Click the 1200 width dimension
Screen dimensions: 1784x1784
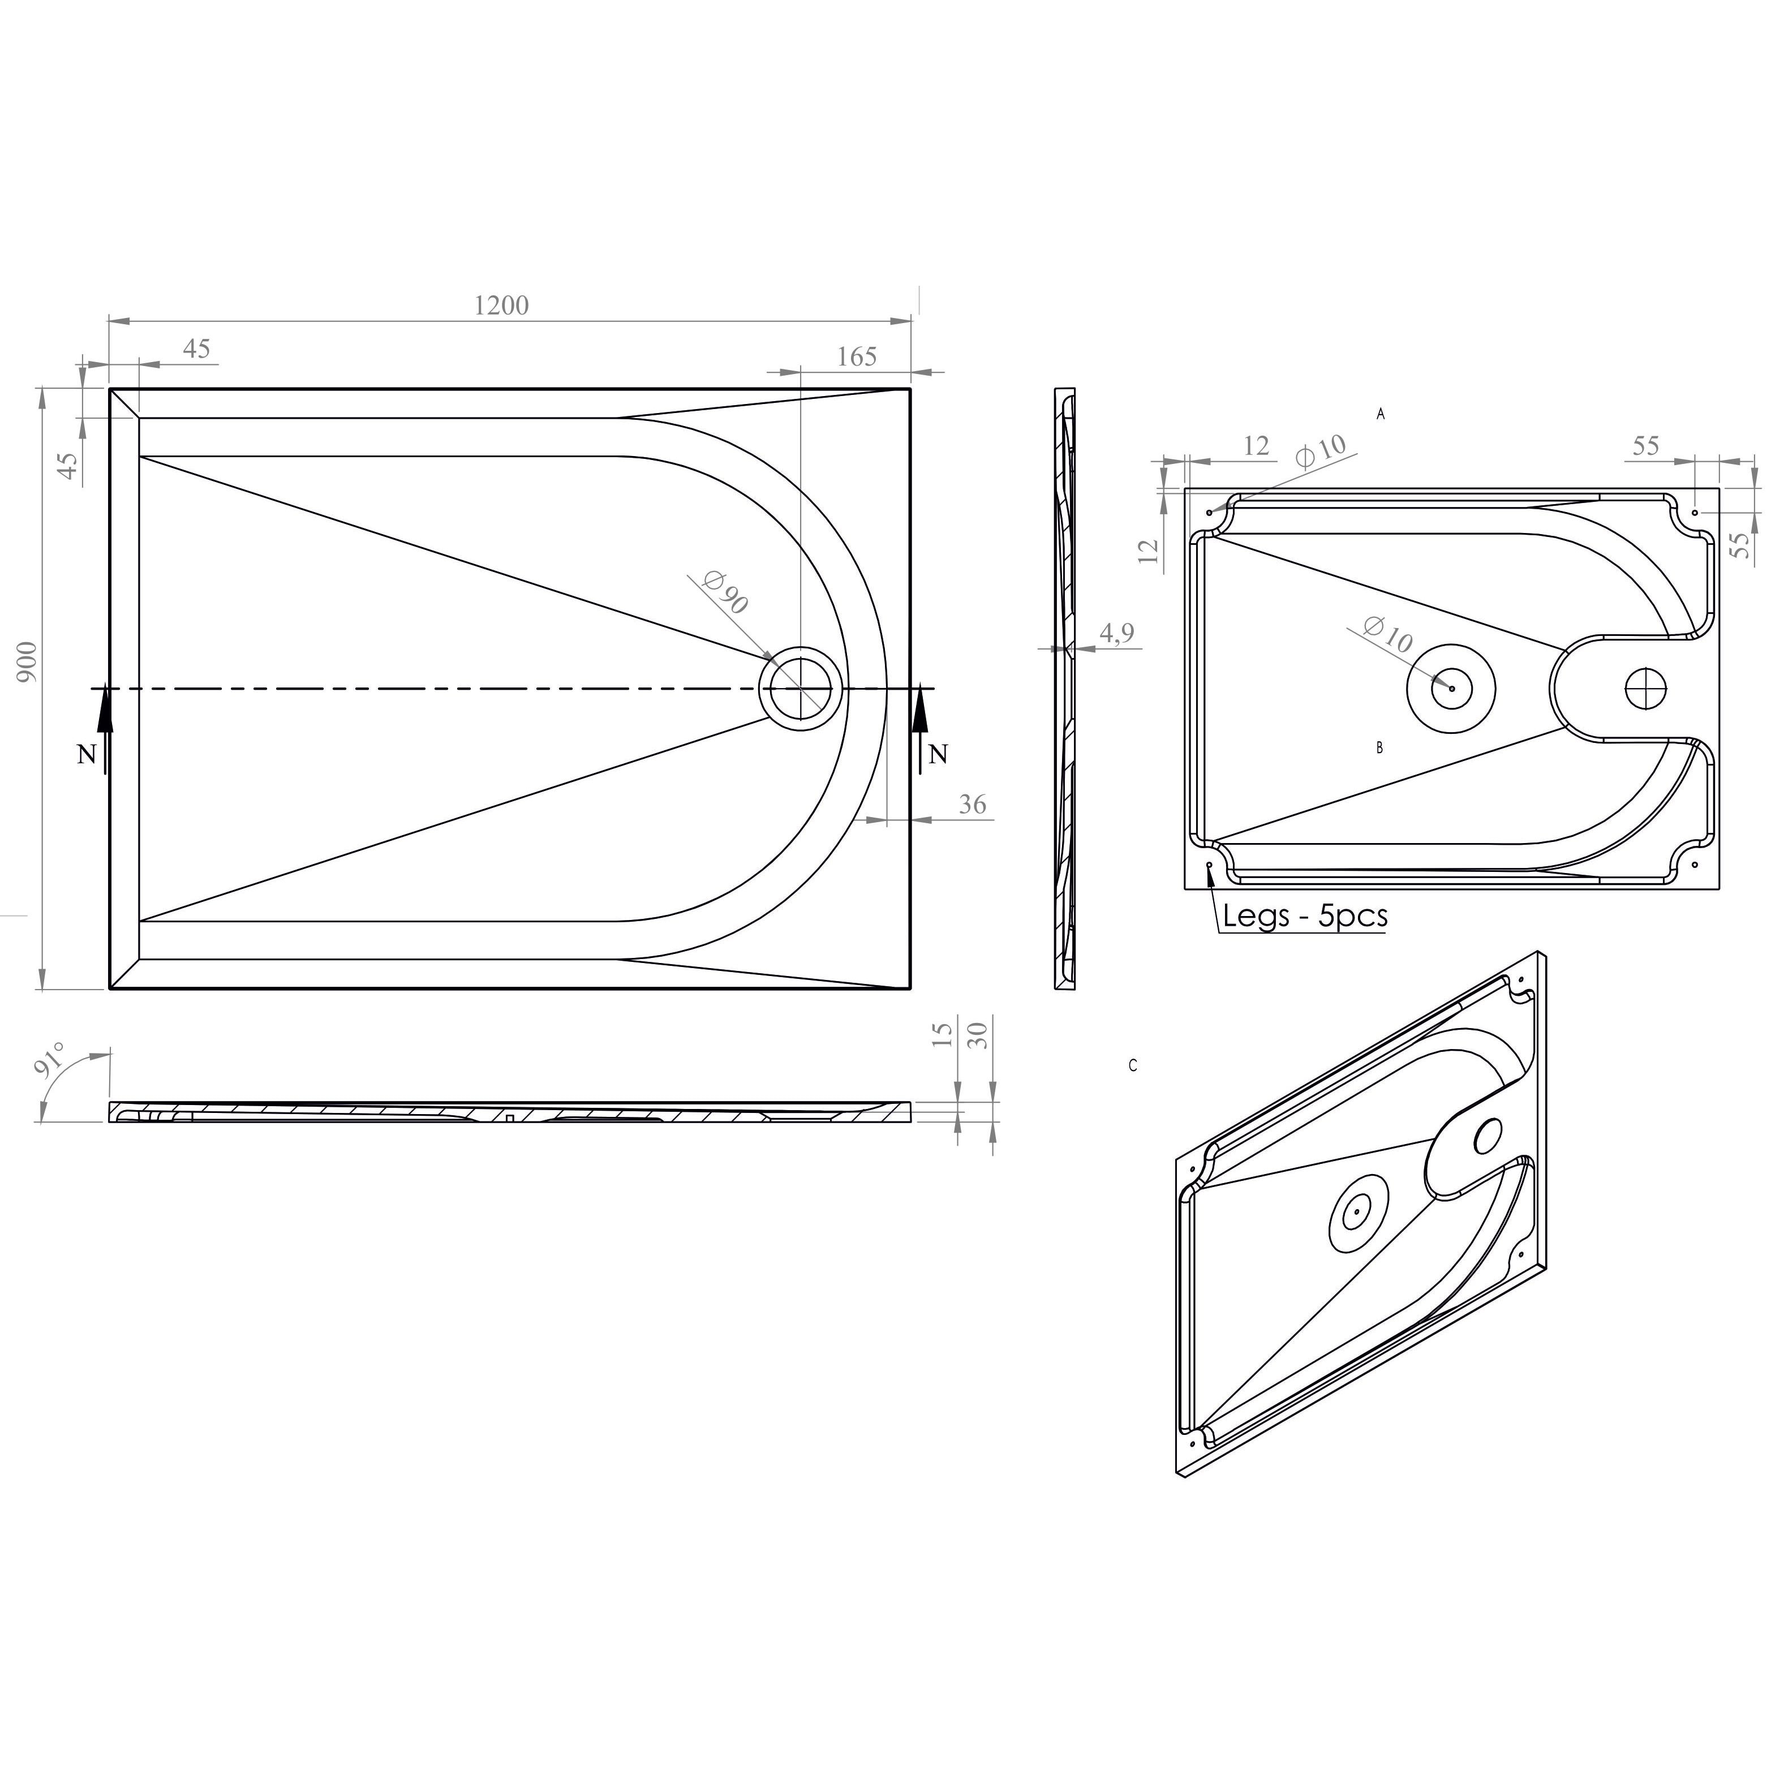pos(501,306)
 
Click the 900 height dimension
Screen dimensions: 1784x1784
pos(27,661)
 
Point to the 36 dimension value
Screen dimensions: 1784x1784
pos(972,805)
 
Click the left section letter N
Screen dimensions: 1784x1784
pos(86,755)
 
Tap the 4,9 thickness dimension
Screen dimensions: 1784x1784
pos(1116,634)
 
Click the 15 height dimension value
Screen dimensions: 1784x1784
pos(943,1035)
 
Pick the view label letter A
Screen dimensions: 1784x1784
pos(1381,415)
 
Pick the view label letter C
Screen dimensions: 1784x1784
pos(1133,1065)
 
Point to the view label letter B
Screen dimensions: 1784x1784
pos(1379,748)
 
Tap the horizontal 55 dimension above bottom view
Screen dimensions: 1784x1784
pos(1645,446)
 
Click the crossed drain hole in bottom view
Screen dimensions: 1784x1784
pos(1647,689)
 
